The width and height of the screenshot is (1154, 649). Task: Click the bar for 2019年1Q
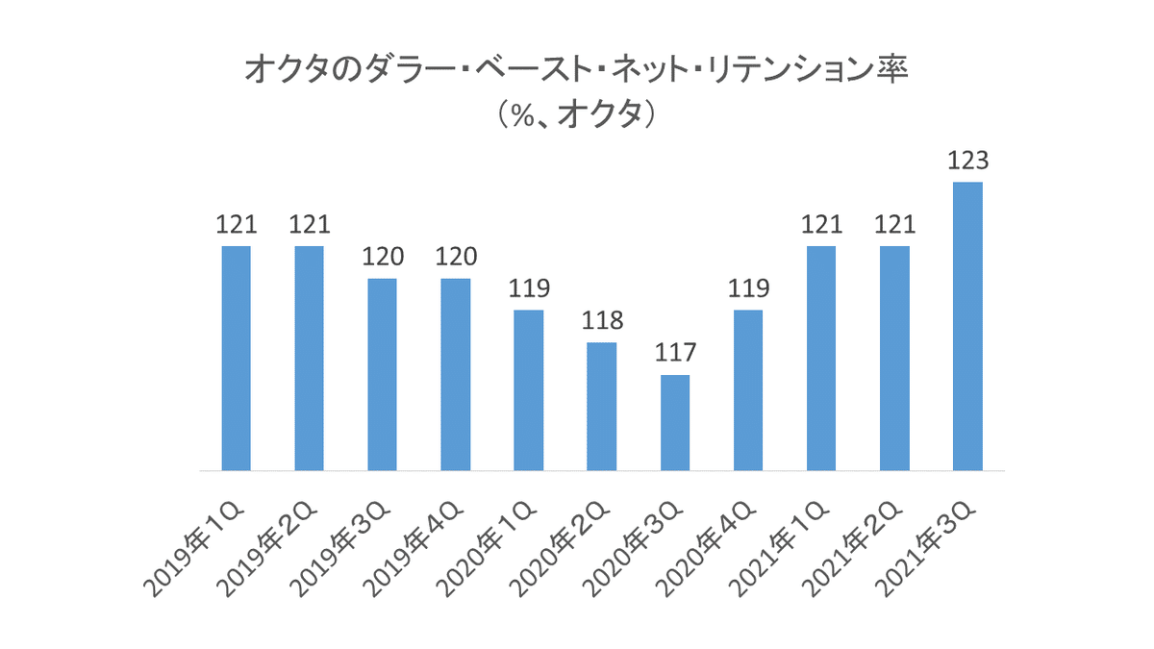pos(236,359)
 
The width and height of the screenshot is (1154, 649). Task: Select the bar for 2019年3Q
pos(382,375)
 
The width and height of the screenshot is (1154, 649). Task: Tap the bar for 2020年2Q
pos(601,407)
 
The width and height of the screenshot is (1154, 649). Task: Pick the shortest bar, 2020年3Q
pos(674,423)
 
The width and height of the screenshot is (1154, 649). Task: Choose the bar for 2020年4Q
pos(747,390)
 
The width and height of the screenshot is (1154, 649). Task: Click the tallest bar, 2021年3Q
pos(967,327)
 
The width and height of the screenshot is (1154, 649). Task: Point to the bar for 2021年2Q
pos(894,359)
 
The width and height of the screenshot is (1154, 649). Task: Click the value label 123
pos(967,160)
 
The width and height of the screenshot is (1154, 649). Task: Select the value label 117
pos(674,352)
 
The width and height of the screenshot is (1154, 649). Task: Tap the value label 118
pos(601,320)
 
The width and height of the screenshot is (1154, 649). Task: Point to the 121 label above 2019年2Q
pos(309,224)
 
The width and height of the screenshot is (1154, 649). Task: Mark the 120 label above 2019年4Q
pos(455,256)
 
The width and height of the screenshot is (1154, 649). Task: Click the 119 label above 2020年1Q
pos(528,287)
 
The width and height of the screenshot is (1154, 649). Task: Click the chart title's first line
pos(577,71)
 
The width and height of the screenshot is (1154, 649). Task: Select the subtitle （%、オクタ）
pos(577,115)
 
